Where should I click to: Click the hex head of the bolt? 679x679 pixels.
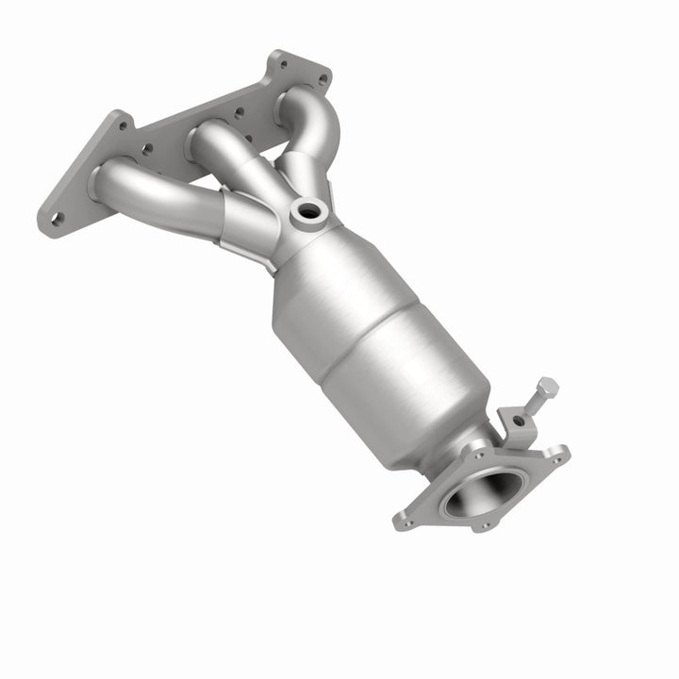[x=546, y=388]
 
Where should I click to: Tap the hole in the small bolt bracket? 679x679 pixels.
[x=518, y=420]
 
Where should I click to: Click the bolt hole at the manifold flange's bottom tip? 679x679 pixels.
[x=57, y=219]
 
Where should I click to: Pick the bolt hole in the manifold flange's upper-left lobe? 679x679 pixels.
[x=123, y=122]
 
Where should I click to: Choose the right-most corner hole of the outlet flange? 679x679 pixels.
[x=557, y=459]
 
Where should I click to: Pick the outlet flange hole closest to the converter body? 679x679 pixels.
[x=477, y=454]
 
